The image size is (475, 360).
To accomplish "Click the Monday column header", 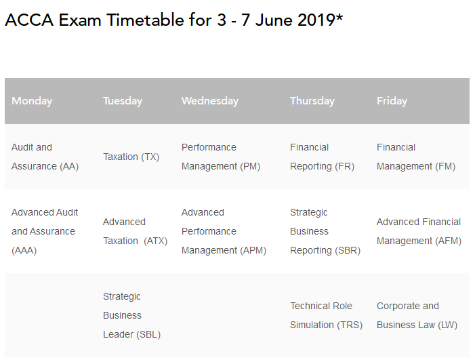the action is point(32,101).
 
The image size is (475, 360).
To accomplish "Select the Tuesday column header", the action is point(123,101).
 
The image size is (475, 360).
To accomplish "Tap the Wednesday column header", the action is point(210,101).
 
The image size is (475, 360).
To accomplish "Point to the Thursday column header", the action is point(312,101).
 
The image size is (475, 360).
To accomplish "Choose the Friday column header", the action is point(392,101).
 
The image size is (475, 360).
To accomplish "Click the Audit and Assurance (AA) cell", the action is point(45,157).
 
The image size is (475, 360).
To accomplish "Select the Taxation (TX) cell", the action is point(131,157).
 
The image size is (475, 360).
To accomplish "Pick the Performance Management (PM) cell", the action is point(221,157).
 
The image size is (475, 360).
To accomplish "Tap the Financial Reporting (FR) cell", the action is point(323,157).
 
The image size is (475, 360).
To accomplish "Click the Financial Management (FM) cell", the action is point(416,157).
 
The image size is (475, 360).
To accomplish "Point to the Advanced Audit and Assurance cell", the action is point(45,231).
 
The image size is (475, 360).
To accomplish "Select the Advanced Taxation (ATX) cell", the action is point(135,231).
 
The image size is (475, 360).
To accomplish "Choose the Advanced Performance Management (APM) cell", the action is point(224,231).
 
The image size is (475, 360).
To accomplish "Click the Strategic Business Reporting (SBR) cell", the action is point(325,231).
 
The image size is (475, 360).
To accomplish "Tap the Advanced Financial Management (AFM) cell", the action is point(419,231).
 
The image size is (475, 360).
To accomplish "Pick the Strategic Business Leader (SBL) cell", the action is point(131,315).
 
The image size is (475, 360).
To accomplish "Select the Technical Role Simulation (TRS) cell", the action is point(326,315).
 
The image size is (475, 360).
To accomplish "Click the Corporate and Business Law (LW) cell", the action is point(417,315).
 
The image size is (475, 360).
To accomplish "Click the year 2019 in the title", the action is point(316,20).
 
